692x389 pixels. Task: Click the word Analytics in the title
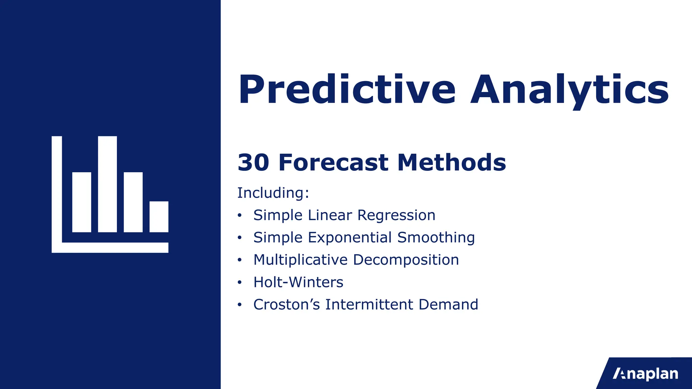(569, 90)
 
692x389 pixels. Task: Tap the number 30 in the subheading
(253, 163)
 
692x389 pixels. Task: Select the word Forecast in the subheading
(333, 163)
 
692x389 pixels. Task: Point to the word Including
(273, 193)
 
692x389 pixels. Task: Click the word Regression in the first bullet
(396, 215)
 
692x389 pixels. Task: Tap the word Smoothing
(436, 238)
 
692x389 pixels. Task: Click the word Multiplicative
(300, 260)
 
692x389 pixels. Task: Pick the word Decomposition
(406, 260)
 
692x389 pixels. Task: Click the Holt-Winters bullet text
(298, 282)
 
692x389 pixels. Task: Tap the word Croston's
(286, 305)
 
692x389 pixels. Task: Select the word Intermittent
(369, 305)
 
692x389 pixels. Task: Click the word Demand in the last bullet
(448, 305)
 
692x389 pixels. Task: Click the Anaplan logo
(645, 374)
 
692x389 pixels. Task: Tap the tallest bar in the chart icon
(107, 184)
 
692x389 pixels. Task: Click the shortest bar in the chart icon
(159, 217)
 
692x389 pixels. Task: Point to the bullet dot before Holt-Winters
(240, 282)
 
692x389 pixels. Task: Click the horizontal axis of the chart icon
(115, 248)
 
